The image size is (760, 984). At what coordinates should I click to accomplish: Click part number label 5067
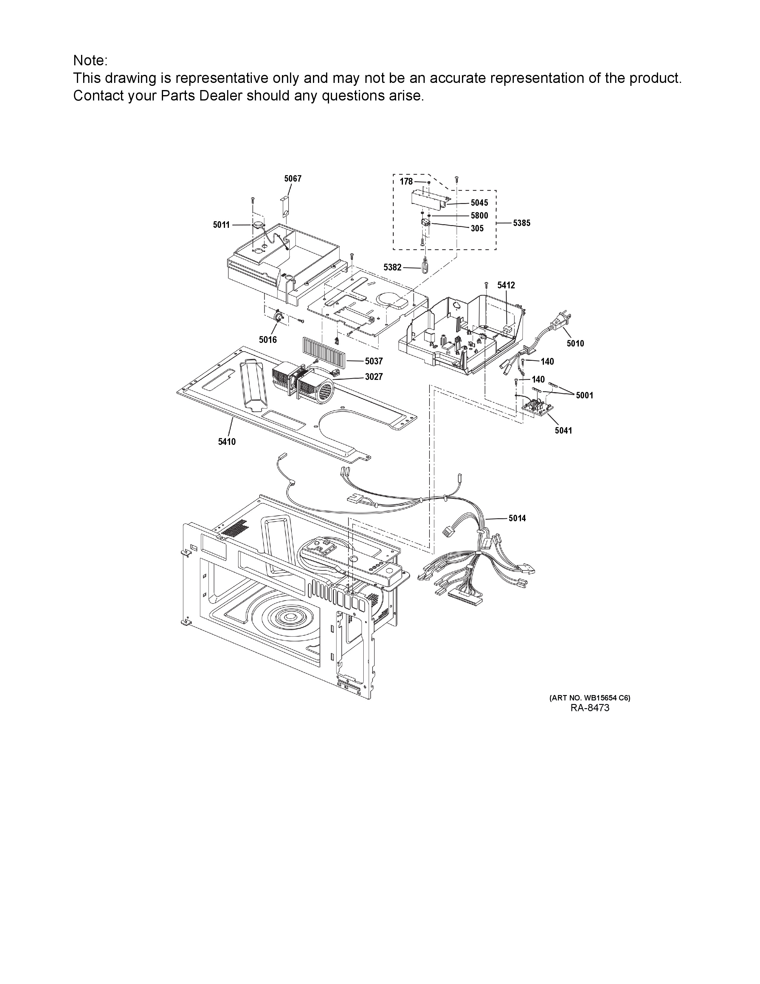point(293,179)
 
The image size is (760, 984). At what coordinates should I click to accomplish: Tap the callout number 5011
point(221,225)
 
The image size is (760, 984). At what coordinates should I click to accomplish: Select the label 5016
point(268,340)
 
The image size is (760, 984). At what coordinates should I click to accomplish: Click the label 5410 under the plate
point(227,442)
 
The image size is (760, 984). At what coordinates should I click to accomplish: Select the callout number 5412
point(506,285)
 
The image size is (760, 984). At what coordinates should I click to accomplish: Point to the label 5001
point(584,396)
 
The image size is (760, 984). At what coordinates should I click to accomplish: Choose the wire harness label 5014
point(517,519)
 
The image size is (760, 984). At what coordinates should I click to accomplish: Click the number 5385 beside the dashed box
point(522,223)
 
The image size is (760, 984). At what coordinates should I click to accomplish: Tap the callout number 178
point(406,182)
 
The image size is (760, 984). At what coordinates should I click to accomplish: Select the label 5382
point(392,268)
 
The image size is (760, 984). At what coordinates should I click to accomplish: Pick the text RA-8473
point(590,708)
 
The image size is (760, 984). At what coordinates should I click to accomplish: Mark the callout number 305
point(477,228)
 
